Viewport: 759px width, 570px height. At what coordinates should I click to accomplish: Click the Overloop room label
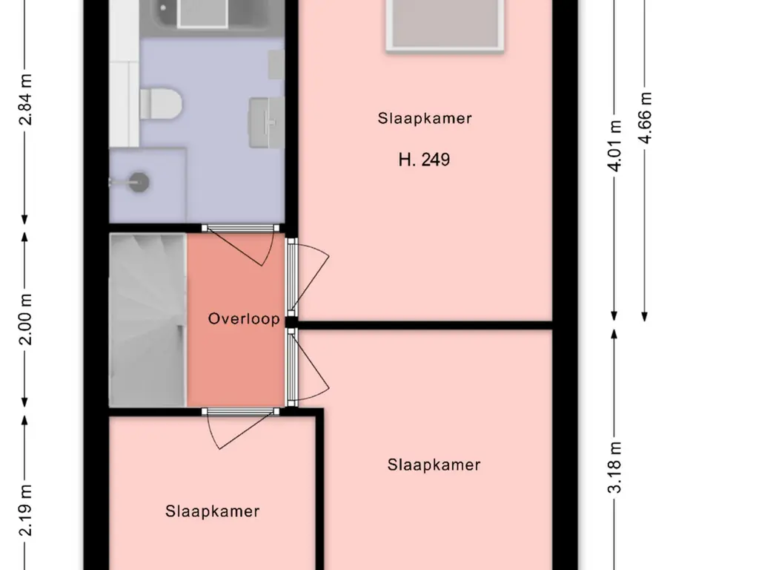pos(244,318)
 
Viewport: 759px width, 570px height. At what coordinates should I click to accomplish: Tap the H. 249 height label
pos(424,160)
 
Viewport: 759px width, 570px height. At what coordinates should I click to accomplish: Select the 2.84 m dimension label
pos(26,99)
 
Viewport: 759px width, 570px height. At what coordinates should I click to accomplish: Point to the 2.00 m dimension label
pos(26,319)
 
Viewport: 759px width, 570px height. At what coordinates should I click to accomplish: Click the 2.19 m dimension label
pos(26,510)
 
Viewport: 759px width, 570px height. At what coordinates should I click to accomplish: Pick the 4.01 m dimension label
pos(614,146)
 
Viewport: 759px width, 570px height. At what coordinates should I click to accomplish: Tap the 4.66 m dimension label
pos(646,118)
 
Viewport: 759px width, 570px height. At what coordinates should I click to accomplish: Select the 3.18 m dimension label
pos(614,468)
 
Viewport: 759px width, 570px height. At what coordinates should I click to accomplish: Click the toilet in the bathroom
pos(161,102)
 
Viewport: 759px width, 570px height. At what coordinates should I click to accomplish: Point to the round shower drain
pos(140,183)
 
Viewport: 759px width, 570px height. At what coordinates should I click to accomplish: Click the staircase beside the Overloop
pos(148,320)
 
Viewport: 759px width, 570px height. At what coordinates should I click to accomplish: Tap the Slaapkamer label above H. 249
pos(425,118)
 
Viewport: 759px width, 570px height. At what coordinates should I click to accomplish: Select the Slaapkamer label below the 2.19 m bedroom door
pos(212,511)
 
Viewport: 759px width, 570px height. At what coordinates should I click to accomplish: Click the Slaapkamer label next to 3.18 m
pos(434,465)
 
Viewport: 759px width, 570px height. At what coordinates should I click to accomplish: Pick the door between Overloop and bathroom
pos(241,229)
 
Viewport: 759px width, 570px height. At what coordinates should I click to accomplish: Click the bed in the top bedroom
pos(445,25)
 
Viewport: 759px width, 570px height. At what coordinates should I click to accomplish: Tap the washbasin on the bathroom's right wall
pos(266,122)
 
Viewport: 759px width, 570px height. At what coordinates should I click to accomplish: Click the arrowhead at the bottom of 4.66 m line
pos(645,316)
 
